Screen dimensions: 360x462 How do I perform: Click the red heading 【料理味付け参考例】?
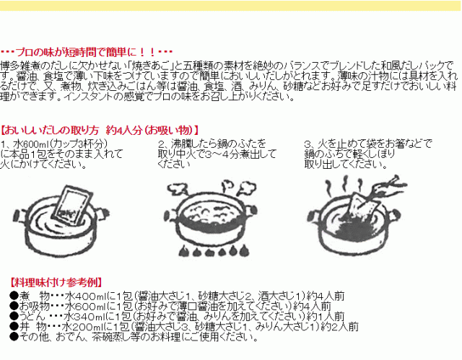pos(56,283)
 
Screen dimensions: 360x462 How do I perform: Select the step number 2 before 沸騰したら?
pos(160,144)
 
